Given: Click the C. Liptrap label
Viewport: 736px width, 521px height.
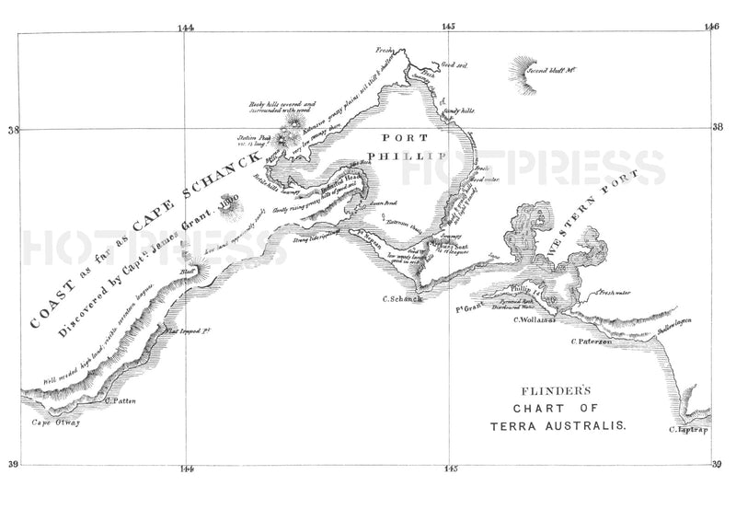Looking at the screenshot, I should click(x=690, y=429).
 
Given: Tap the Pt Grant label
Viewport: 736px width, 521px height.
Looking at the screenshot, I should click(x=470, y=306).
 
